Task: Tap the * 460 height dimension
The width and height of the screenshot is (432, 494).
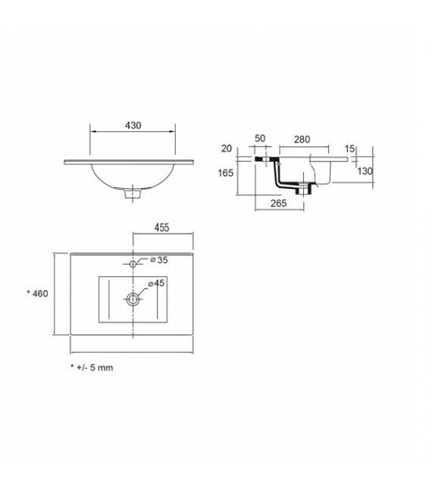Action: (37, 294)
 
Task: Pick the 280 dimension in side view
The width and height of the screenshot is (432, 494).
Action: (302, 140)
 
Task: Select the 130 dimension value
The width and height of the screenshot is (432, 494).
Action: (365, 172)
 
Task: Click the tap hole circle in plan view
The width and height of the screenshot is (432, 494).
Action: (133, 263)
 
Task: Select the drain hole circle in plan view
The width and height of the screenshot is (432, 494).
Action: (133, 298)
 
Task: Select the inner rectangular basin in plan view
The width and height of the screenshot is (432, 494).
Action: (133, 300)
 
